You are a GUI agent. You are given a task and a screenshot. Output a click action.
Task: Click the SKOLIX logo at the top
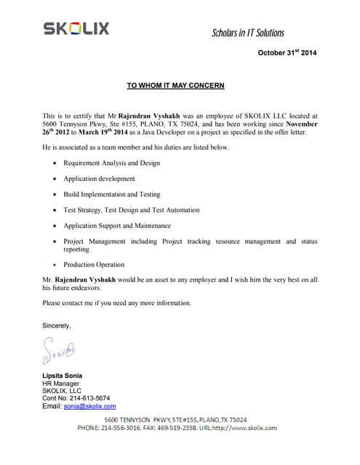(76, 28)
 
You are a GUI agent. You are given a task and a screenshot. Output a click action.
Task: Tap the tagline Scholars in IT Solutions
(247, 33)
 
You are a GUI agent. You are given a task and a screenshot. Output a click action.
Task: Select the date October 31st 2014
(287, 53)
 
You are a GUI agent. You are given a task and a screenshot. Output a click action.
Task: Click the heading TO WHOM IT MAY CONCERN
(175, 86)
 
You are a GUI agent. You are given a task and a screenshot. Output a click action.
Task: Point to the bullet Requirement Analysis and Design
(111, 163)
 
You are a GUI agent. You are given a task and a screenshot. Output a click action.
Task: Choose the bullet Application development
(99, 179)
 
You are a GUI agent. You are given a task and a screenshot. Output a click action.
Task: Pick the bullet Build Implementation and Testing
(111, 195)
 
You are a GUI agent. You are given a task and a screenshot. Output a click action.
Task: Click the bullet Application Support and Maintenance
(116, 226)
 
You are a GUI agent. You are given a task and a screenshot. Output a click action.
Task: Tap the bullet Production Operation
(94, 264)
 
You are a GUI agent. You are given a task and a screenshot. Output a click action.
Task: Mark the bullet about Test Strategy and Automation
(131, 210)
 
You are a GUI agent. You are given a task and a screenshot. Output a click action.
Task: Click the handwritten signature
(58, 351)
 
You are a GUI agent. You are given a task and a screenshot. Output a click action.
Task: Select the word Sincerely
(57, 325)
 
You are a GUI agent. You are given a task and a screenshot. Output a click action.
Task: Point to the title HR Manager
(61, 383)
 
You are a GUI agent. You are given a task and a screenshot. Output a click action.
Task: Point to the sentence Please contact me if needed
(116, 303)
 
